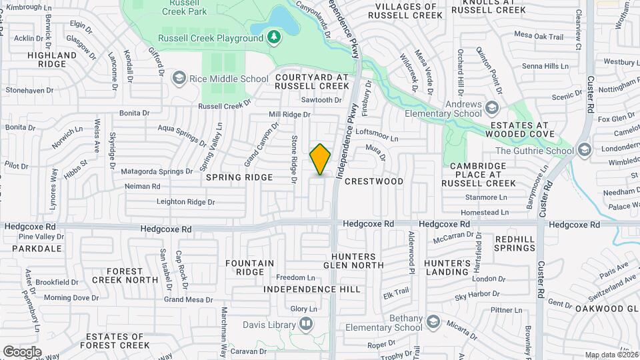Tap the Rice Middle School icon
coord(178,79)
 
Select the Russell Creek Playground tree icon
coord(273,38)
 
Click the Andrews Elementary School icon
coord(492,108)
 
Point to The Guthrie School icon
coord(585,150)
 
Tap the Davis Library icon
coord(306,325)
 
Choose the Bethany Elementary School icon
coord(433,323)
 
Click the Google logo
coord(22,351)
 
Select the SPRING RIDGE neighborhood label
coord(239,177)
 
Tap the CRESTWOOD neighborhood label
coord(375,181)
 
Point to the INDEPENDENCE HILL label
coord(311,289)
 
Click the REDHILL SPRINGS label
coord(515,243)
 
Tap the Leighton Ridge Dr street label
coord(186,201)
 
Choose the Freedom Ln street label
coord(295,277)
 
